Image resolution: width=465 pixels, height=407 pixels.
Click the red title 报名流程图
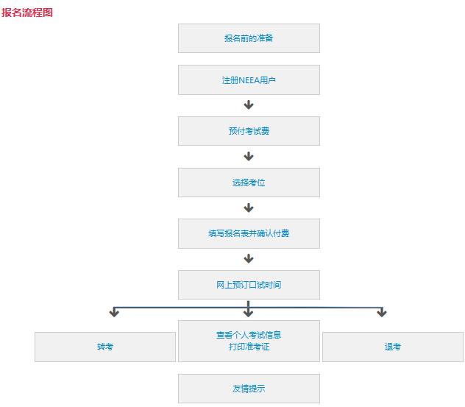tap(27, 13)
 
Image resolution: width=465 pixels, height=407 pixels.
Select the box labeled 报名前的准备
tap(249, 38)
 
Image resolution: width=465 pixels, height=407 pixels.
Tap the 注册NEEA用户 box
tap(249, 79)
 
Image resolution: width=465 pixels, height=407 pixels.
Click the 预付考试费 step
tap(249, 131)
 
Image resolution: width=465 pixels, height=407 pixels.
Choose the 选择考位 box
tap(249, 183)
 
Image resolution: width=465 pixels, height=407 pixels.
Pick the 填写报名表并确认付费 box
tap(249, 233)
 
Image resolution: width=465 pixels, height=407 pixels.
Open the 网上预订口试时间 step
tap(249, 285)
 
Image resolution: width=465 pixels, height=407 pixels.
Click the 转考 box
tap(105, 347)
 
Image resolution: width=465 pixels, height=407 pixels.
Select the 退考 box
tap(393, 347)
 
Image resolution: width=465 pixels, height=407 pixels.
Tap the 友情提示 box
tap(249, 389)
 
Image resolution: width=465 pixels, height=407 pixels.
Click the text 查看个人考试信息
tap(249, 335)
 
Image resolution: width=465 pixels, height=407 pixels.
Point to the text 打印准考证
tap(249, 347)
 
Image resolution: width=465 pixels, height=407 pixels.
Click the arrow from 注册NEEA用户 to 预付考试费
tap(249, 105)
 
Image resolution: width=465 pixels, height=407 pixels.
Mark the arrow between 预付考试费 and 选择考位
tap(249, 156)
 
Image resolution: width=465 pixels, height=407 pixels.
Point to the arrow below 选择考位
tap(249, 208)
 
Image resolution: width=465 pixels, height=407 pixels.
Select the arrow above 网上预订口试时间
tap(249, 258)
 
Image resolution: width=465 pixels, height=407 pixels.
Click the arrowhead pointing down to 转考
tap(114, 314)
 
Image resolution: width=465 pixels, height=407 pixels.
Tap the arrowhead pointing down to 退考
tap(382, 314)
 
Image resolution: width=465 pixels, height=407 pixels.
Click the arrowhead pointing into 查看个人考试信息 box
tap(248, 314)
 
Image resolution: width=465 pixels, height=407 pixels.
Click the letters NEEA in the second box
tap(249, 80)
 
